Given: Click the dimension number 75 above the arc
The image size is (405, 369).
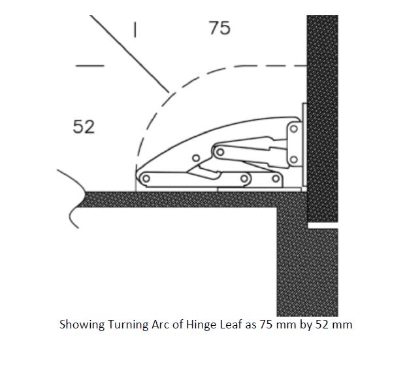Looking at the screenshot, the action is click(219, 28).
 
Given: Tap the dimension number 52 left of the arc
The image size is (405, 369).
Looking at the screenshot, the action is click(84, 127).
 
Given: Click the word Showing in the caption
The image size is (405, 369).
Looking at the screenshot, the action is click(82, 325).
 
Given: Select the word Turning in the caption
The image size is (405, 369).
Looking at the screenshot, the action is click(127, 325).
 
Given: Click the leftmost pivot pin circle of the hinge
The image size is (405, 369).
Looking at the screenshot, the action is click(146, 179).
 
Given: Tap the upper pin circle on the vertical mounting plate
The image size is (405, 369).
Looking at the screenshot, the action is click(294, 129).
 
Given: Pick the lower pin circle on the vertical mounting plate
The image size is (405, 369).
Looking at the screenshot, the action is click(294, 160).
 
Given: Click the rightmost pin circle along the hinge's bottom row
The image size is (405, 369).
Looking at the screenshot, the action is click(276, 178).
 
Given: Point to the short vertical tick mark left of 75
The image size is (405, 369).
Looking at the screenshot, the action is click(135, 29).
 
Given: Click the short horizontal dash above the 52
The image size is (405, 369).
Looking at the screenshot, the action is click(90, 65).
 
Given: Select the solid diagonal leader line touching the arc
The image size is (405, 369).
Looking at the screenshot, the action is click(129, 54).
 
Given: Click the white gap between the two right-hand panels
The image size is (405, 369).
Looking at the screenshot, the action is click(323, 225).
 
